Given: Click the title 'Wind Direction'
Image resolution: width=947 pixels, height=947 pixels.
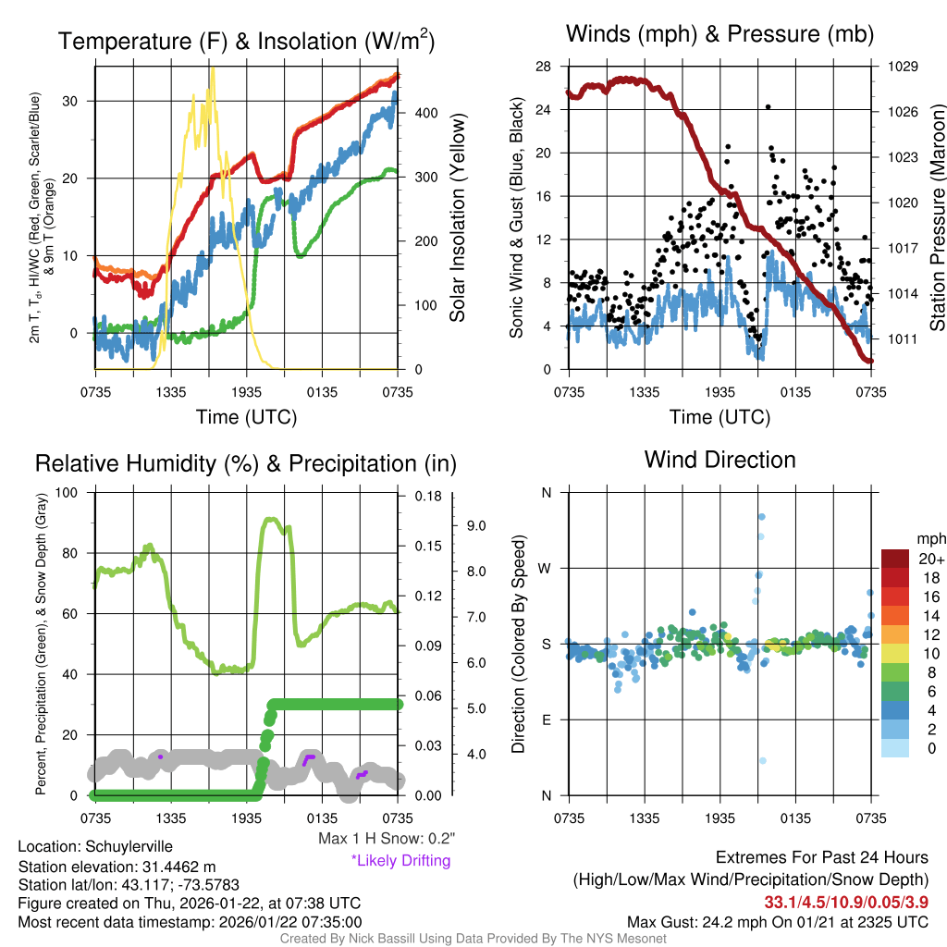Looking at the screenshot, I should (x=719, y=460).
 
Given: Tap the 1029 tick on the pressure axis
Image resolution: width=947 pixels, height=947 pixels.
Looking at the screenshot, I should (x=902, y=67).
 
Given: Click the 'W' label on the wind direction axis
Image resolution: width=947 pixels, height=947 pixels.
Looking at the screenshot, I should (x=547, y=568).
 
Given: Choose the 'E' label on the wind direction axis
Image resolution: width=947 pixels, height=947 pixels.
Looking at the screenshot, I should (x=547, y=719).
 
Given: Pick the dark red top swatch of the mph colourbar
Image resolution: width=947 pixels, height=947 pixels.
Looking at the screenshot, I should (x=896, y=558).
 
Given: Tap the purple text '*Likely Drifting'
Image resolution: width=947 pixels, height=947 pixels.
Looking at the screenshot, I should (x=400, y=861).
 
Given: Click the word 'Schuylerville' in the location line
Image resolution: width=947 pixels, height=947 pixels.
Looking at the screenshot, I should (x=129, y=846).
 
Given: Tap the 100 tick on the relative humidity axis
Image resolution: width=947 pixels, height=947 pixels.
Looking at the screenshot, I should (x=68, y=492).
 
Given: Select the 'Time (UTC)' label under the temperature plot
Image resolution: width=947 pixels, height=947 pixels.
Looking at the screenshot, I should (x=246, y=417).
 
